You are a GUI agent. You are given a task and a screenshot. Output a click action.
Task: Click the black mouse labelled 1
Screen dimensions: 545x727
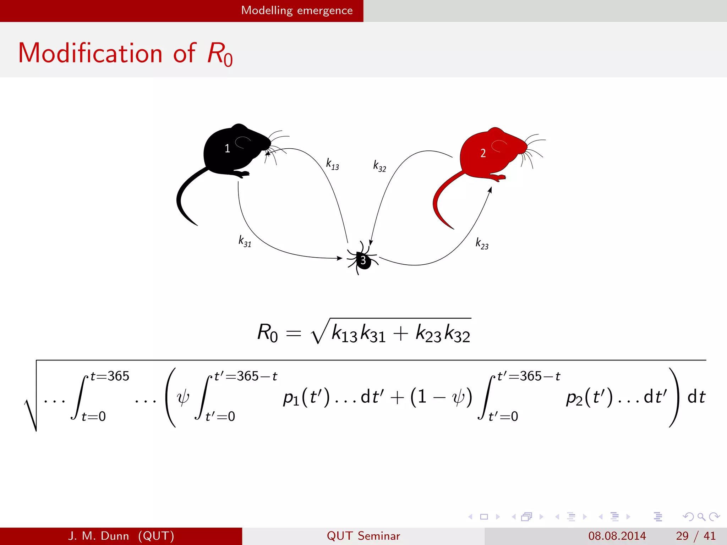tap(231, 151)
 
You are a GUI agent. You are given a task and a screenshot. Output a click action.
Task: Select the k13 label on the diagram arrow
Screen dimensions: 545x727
tap(333, 164)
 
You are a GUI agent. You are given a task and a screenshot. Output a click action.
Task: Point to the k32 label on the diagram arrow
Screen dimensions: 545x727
tap(379, 166)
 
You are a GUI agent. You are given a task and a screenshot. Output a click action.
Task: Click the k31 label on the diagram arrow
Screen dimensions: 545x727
tap(245, 241)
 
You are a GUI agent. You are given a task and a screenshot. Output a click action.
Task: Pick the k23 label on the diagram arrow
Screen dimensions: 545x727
tap(482, 244)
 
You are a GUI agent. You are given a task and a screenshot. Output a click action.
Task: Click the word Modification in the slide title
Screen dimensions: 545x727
tap(90, 53)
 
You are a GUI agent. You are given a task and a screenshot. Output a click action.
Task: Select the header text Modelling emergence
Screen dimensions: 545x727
tap(297, 11)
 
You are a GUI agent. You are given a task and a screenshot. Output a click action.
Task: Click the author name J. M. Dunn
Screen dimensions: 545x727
tap(98, 536)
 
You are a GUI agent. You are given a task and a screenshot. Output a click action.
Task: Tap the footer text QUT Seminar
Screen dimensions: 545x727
tap(363, 536)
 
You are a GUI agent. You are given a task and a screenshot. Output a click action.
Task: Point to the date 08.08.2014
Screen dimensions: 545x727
tap(617, 536)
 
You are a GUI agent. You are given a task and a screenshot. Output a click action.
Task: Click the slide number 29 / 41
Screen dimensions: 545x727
tap(695, 536)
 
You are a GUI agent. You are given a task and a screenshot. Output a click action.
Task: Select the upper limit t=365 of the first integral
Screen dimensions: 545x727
tap(110, 376)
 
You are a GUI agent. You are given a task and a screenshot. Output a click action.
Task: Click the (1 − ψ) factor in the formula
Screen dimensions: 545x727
tap(441, 397)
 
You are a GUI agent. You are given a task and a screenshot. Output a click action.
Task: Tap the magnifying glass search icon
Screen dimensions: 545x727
tap(701, 517)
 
